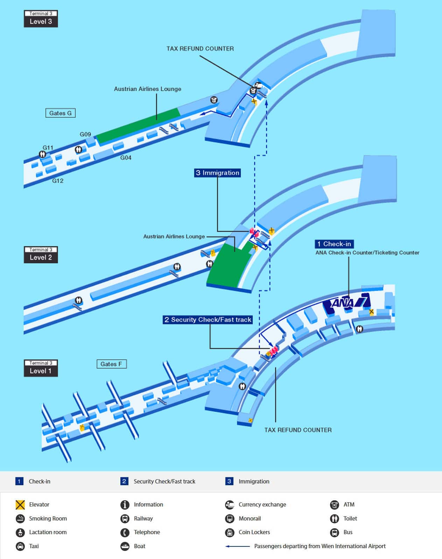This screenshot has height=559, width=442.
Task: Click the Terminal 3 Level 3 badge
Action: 41,19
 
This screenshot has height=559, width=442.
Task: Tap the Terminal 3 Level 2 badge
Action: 41,255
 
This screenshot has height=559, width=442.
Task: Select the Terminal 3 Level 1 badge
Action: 41,368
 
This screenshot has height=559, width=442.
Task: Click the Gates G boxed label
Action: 60,113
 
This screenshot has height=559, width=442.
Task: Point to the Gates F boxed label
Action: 111,364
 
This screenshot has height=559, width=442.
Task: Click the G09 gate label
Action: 85,134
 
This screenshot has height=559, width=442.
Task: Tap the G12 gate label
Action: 58,181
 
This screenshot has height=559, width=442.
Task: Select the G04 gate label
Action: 126,158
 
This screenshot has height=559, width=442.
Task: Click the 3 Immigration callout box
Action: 217,173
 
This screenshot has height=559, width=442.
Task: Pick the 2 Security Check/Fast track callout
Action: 208,320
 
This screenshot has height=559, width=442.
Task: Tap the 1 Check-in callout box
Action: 334,244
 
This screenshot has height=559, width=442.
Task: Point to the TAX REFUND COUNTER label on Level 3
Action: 200,49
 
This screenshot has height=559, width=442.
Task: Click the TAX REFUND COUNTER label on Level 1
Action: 298,430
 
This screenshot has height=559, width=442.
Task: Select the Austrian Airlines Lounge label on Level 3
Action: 147,89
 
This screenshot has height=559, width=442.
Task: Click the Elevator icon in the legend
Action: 20,504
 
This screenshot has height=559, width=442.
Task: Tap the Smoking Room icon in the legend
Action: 20,518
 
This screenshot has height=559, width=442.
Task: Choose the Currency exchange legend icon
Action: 229,504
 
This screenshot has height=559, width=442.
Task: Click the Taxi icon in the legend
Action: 20,546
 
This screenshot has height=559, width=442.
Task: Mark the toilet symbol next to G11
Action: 43,154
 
